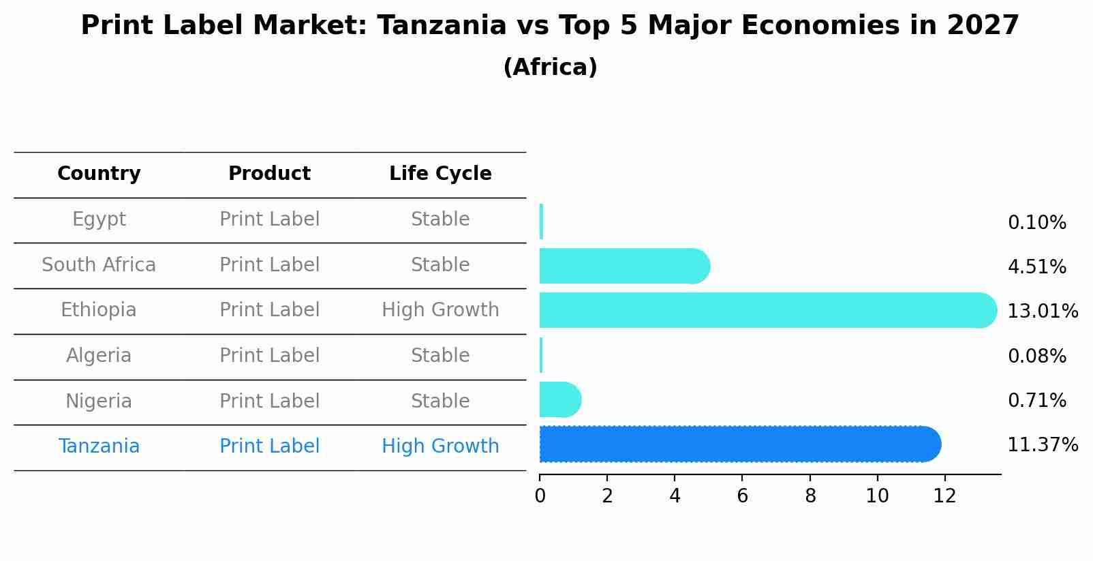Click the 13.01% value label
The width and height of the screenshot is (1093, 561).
(1042, 312)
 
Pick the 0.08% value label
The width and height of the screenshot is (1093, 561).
(1036, 356)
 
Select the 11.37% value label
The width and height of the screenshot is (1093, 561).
(1042, 445)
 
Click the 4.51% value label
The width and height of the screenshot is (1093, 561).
(1036, 267)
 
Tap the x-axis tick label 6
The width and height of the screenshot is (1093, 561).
(742, 496)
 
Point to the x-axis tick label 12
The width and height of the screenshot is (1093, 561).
(944, 496)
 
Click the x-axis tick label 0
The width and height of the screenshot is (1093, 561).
(540, 496)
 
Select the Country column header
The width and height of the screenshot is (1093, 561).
(99, 174)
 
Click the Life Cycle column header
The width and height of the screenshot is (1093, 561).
(440, 174)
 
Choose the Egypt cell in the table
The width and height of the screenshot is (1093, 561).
(99, 219)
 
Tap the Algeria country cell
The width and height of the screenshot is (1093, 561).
(99, 356)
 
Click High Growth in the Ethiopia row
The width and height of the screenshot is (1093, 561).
(440, 310)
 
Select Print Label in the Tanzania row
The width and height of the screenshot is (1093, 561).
(269, 446)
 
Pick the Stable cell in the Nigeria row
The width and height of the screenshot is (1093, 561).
(440, 401)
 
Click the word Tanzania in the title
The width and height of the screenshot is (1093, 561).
(442, 26)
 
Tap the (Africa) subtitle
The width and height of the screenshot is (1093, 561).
(550, 67)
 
